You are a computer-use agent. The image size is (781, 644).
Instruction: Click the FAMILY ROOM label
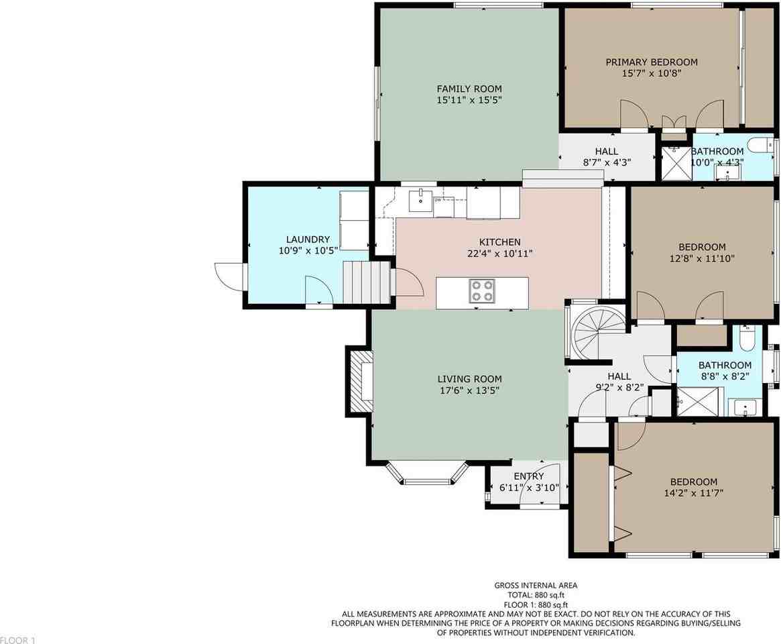point(469,89)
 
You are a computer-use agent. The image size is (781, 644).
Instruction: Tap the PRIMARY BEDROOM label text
point(652,62)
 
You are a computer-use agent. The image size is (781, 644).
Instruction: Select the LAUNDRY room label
point(308,239)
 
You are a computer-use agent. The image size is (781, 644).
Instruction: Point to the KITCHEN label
point(499,241)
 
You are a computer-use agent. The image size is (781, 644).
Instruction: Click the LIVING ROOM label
point(470,379)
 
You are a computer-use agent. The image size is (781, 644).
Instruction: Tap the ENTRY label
point(528,476)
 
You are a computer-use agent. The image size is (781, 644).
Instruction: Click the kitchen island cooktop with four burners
point(482,291)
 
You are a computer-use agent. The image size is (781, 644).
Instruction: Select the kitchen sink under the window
point(421,200)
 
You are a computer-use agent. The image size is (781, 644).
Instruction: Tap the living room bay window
point(427,476)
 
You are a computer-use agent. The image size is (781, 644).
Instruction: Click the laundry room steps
point(366,283)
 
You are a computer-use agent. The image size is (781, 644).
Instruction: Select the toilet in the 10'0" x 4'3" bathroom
point(762,144)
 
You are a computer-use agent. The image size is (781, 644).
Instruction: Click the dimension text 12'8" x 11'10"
point(703,258)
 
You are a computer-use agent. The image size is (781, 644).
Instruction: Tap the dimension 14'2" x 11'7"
point(693,493)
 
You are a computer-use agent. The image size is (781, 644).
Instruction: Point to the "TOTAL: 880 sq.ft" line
point(536,594)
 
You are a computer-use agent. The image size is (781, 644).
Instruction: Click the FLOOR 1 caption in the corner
point(18,639)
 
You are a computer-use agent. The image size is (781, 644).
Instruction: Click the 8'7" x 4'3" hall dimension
point(607,162)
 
